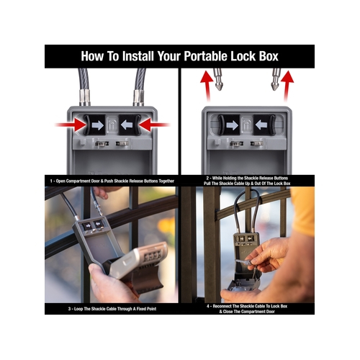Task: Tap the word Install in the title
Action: click(138, 56)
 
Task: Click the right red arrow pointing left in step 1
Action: click(154, 125)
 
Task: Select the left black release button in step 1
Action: click(94, 125)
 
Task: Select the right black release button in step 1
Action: click(130, 125)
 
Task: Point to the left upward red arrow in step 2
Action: click(207, 86)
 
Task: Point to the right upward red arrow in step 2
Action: click(287, 86)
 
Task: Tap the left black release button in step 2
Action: click(229, 125)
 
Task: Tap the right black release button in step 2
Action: click(264, 125)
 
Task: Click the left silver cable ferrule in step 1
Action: click(85, 98)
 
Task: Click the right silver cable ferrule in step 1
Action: click(138, 98)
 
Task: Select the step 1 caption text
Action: click(112, 181)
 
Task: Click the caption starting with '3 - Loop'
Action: click(112, 309)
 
